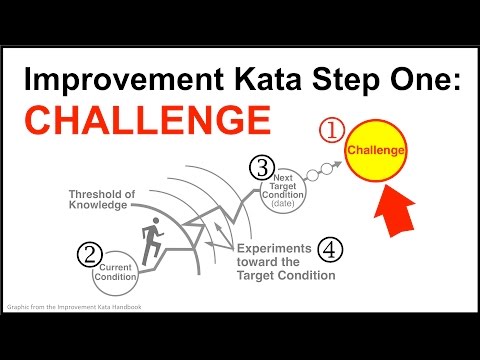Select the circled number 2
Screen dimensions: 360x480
(91, 252)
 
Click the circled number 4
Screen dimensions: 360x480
(328, 247)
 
